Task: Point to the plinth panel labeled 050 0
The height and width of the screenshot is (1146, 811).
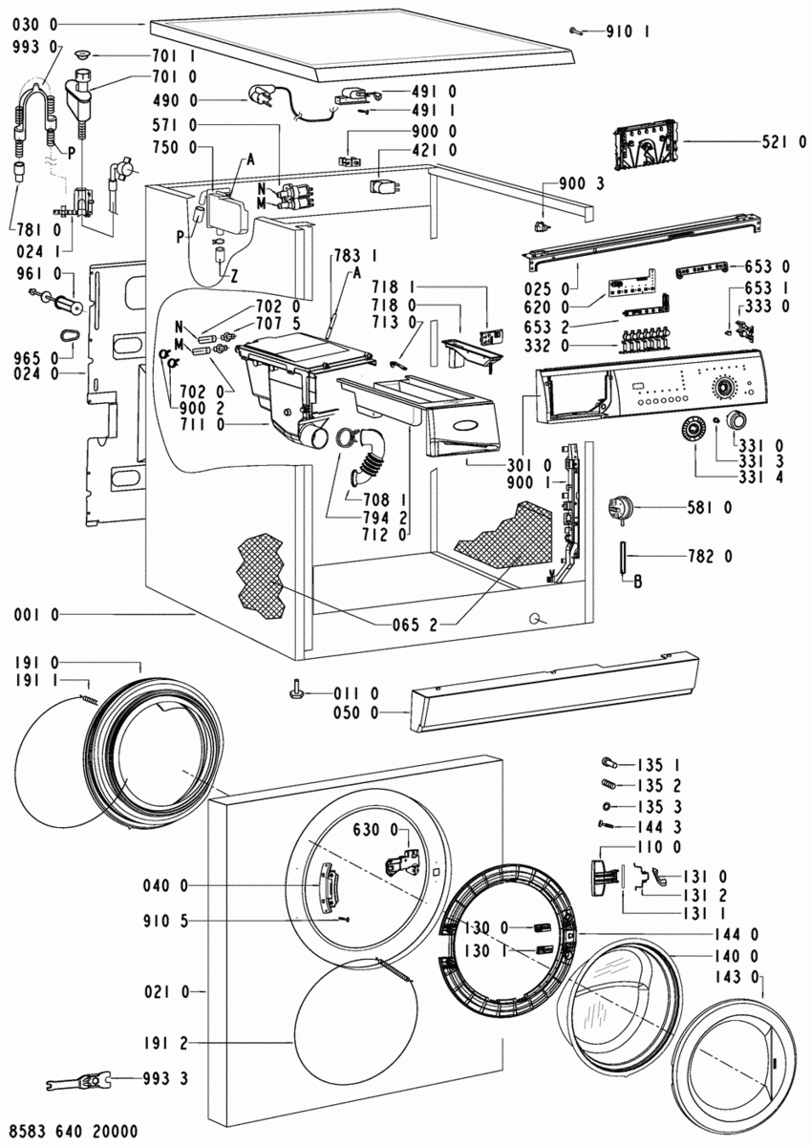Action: click(x=554, y=688)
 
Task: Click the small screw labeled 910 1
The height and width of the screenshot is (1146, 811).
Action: click(x=575, y=31)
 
